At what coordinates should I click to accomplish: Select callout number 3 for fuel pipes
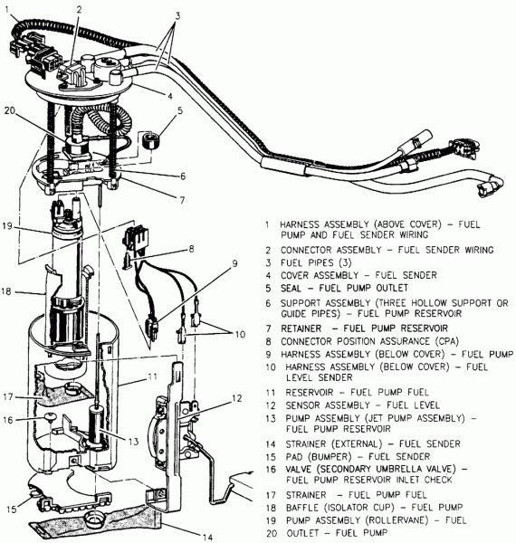point(179,15)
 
